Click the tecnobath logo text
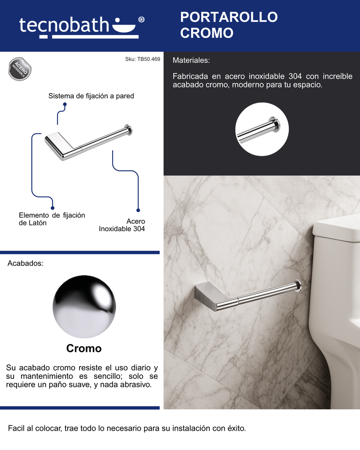tap(64, 25)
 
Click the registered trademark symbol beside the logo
tap(141, 19)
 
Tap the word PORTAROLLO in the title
tap(229, 17)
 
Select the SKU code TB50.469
tap(149, 59)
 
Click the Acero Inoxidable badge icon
tap(20, 69)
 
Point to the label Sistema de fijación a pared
tap(91, 96)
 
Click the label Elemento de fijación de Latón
tap(52, 219)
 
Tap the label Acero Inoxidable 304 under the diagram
tap(122, 225)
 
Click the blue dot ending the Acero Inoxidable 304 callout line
tap(138, 210)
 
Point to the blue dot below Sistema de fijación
tap(65, 105)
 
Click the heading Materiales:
tap(191, 60)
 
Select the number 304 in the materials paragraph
tap(295, 76)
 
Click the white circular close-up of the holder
tap(262, 129)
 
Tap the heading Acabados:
tap(25, 263)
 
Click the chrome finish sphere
tap(84, 306)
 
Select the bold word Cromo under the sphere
tap(84, 348)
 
